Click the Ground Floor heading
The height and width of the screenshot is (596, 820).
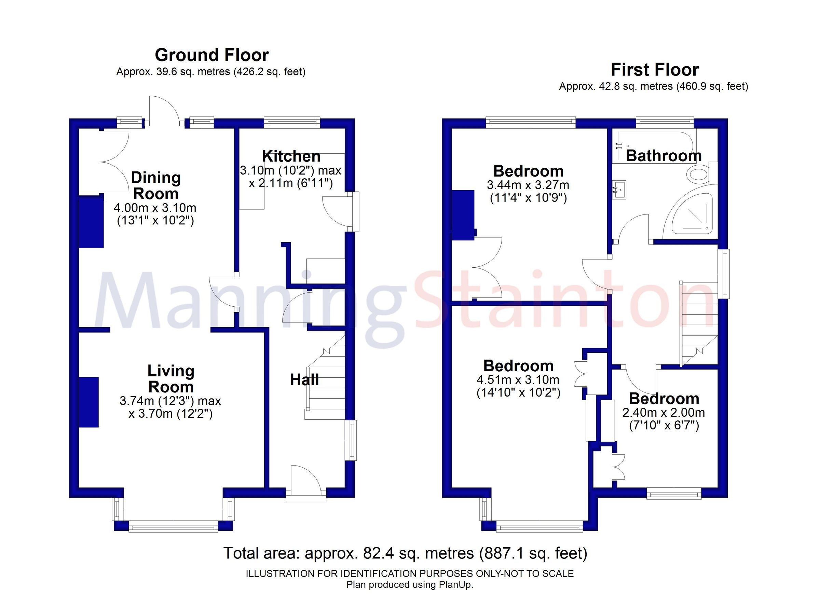pyautogui.click(x=211, y=55)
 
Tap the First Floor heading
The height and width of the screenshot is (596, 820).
pyautogui.click(x=654, y=70)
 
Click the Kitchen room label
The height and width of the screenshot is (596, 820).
pyautogui.click(x=291, y=156)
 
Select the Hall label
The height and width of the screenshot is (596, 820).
pyautogui.click(x=304, y=380)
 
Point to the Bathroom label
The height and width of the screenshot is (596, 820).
pyautogui.click(x=664, y=156)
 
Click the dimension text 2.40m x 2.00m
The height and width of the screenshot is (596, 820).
pyautogui.click(x=664, y=412)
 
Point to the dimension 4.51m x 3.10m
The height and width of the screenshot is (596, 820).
pyautogui.click(x=518, y=379)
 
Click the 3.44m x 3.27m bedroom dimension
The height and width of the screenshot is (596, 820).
pyautogui.click(x=528, y=185)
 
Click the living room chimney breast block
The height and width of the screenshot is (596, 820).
pyautogui.click(x=89, y=402)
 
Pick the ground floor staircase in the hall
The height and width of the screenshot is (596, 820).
pyautogui.click(x=325, y=383)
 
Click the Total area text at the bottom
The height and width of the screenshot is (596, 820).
pyautogui.click(x=405, y=553)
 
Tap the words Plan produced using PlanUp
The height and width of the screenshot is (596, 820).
pyautogui.click(x=410, y=585)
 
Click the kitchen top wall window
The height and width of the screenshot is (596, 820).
pyautogui.click(x=292, y=123)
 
